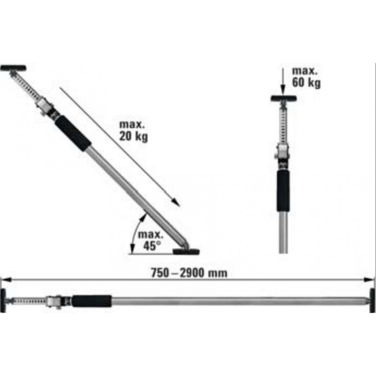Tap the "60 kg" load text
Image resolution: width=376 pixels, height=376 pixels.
pos(306,84)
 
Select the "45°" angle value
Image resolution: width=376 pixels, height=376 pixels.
pos(152,244)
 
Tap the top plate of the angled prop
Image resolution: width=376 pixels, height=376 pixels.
pos(13,68)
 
